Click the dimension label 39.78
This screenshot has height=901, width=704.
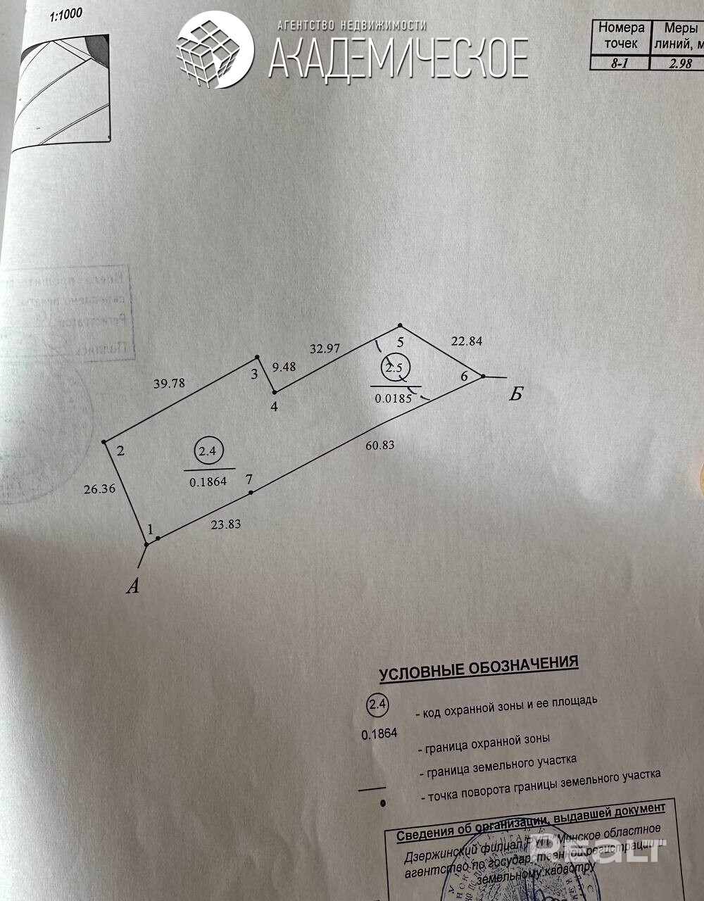coord(169,383)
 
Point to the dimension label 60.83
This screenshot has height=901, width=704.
coord(379,444)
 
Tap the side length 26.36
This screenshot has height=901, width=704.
coord(99,488)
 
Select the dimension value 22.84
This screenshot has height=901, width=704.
coord(466,341)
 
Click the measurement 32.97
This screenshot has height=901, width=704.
coord(325,348)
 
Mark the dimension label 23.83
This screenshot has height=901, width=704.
coord(226,524)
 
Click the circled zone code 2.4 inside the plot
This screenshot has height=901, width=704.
coord(207,452)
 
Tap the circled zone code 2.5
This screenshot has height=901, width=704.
coord(394,367)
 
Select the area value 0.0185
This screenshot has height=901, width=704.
coord(394,398)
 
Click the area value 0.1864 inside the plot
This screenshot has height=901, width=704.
coord(208,482)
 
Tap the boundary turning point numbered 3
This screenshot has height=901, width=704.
coord(255,374)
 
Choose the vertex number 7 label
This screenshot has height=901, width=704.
coord(249,479)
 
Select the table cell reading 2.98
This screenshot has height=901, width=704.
coord(680,63)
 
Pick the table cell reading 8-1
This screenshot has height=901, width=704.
coord(620,63)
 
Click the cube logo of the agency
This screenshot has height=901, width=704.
coord(214,49)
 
